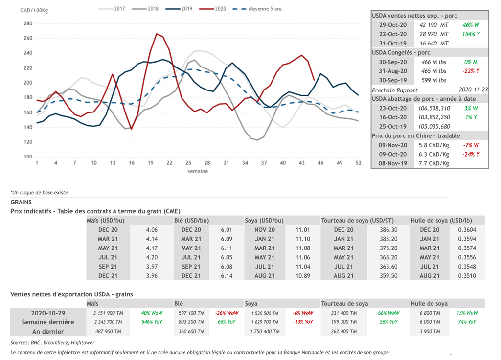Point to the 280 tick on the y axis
tap(28, 23)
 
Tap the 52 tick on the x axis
tap(359, 163)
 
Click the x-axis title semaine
tap(198, 171)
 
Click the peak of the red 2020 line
tap(156, 34)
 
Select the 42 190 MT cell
tap(434, 25)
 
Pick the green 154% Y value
tap(470, 34)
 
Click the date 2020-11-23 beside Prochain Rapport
tap(473, 90)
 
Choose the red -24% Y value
tap(470, 155)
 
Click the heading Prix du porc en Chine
tap(416, 135)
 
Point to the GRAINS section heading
tap(21, 202)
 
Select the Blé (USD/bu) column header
tap(194, 221)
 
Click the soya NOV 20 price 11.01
tap(303, 229)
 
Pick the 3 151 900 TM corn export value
tap(106, 313)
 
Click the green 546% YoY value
tap(152, 322)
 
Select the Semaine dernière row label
tap(48, 322)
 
